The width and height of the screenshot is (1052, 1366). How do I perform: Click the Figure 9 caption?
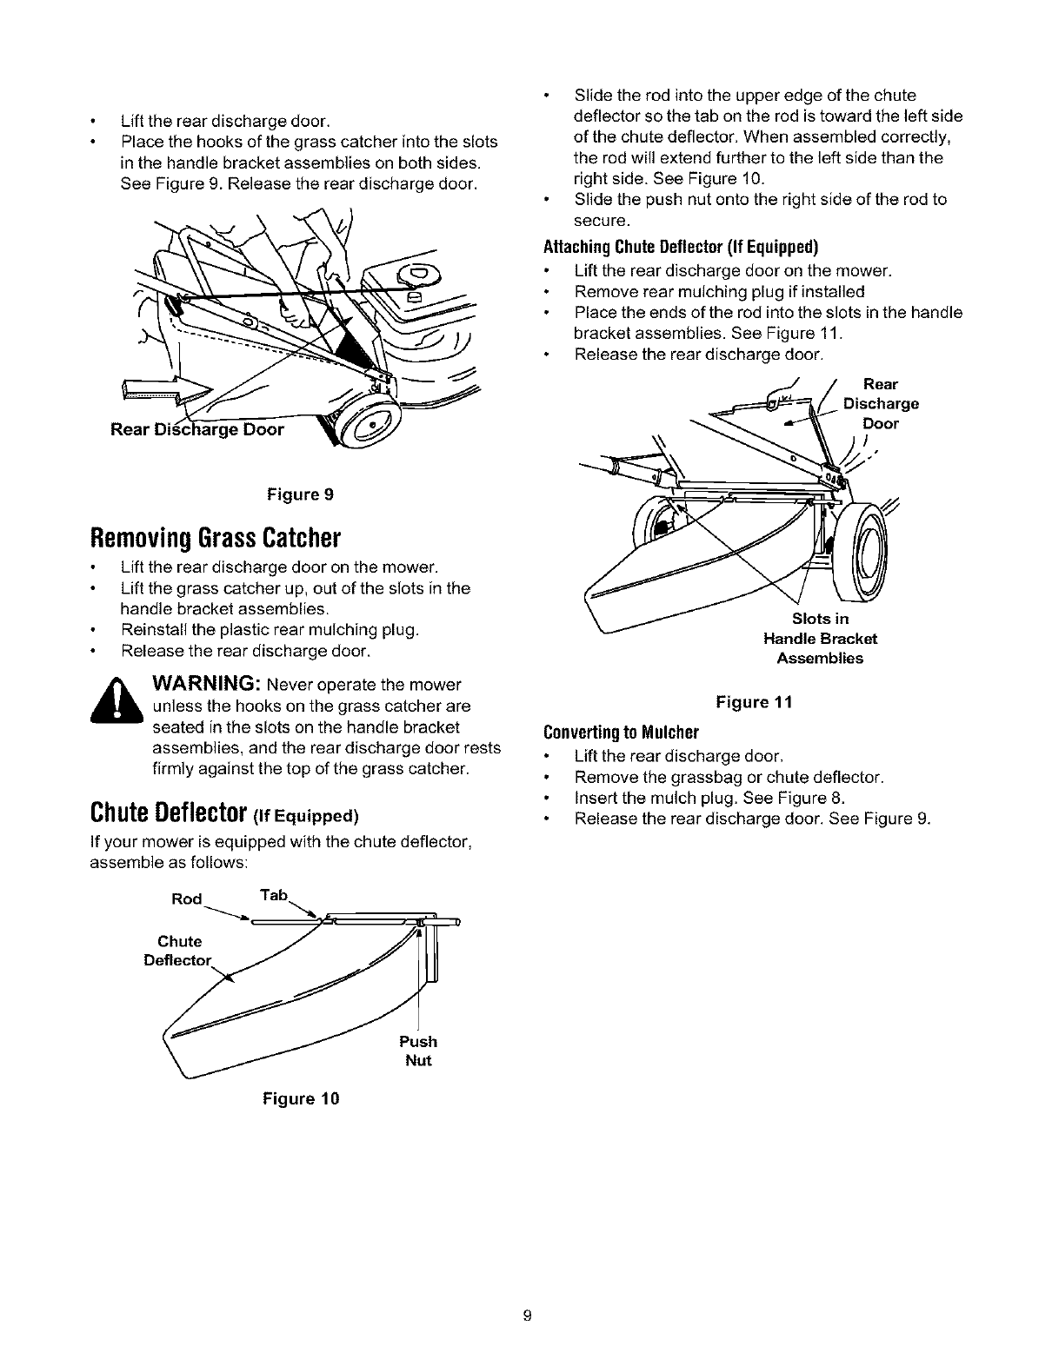click(300, 494)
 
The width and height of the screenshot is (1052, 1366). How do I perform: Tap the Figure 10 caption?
click(300, 1098)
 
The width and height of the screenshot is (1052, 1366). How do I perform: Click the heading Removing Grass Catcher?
click(214, 536)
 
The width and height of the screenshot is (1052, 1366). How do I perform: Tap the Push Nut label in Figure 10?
click(418, 1051)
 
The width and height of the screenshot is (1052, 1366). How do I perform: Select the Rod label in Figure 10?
click(186, 899)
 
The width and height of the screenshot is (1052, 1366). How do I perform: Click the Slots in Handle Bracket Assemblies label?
click(820, 639)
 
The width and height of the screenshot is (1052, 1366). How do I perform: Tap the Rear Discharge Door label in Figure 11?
click(880, 403)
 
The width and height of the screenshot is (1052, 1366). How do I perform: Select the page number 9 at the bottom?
click(526, 1314)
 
